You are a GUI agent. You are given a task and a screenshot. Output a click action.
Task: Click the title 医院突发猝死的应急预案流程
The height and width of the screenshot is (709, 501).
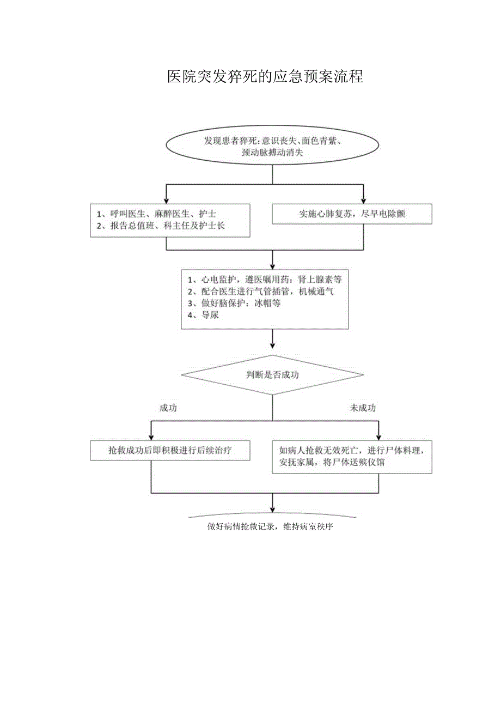point(265,77)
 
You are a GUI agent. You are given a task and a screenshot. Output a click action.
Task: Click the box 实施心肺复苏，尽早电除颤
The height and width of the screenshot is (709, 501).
point(352,214)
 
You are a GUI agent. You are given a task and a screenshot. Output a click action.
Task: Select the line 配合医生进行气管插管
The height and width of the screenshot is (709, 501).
point(260,292)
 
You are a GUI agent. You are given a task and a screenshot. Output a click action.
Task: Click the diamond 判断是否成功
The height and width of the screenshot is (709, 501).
point(272,375)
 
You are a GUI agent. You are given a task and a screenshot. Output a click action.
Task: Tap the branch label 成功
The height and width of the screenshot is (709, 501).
point(168,408)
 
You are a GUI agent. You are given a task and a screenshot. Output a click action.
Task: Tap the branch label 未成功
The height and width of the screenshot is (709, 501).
point(363,408)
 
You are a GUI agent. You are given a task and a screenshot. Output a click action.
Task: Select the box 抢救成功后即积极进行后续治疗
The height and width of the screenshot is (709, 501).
point(170,451)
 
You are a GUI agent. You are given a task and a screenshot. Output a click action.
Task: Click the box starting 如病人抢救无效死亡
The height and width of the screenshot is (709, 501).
point(352,457)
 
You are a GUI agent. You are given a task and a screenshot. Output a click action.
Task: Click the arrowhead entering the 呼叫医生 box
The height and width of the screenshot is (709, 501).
point(166,201)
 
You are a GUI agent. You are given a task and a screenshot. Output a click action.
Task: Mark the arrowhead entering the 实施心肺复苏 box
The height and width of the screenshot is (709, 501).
point(364,201)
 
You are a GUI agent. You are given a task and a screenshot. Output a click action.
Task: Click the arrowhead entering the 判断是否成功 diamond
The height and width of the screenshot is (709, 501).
point(272,344)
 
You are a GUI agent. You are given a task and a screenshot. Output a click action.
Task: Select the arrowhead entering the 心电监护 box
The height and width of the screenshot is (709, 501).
point(272,264)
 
